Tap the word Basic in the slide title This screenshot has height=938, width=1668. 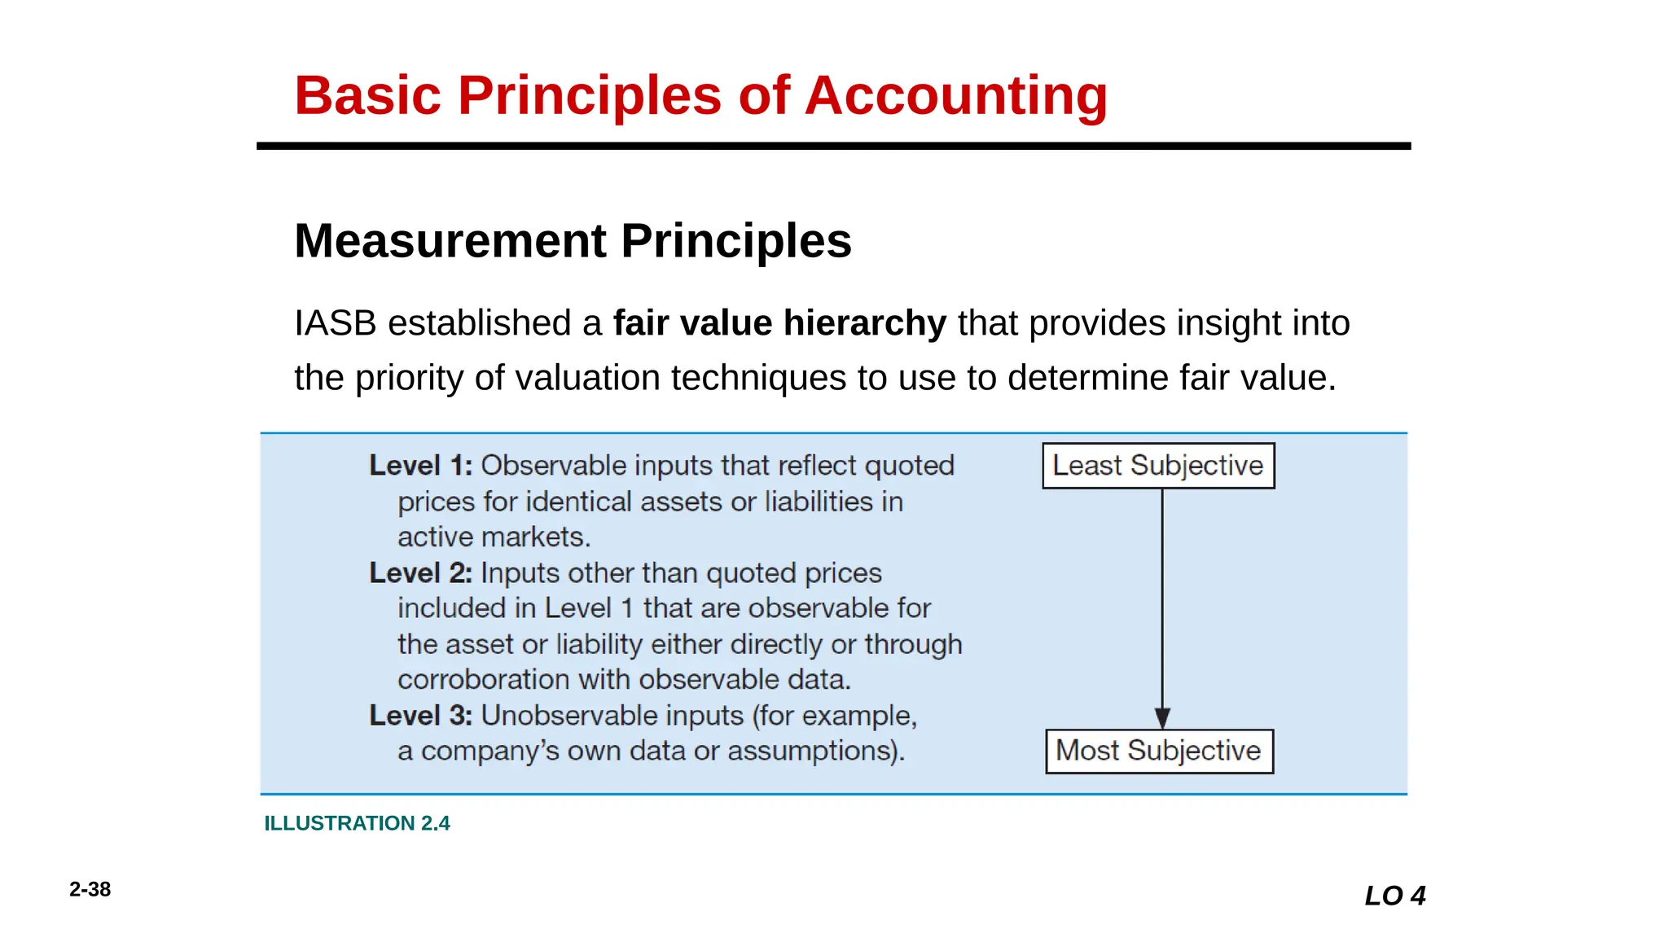click(x=367, y=96)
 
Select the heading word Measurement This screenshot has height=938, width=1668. click(x=450, y=241)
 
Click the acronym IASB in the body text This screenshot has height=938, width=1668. click(x=335, y=323)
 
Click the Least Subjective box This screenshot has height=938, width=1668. click(x=1158, y=466)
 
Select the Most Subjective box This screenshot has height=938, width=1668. click(x=1159, y=751)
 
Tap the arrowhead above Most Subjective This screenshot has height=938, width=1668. click(x=1162, y=717)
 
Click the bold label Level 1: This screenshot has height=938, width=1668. click(x=420, y=466)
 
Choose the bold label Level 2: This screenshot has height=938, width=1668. click(x=420, y=573)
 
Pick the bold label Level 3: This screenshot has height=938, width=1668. click(x=420, y=716)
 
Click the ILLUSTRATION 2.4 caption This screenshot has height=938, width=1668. click(x=357, y=823)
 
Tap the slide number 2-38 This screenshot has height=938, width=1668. click(x=90, y=889)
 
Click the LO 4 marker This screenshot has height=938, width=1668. click(x=1395, y=896)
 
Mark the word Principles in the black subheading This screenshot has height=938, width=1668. click(x=735, y=241)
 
